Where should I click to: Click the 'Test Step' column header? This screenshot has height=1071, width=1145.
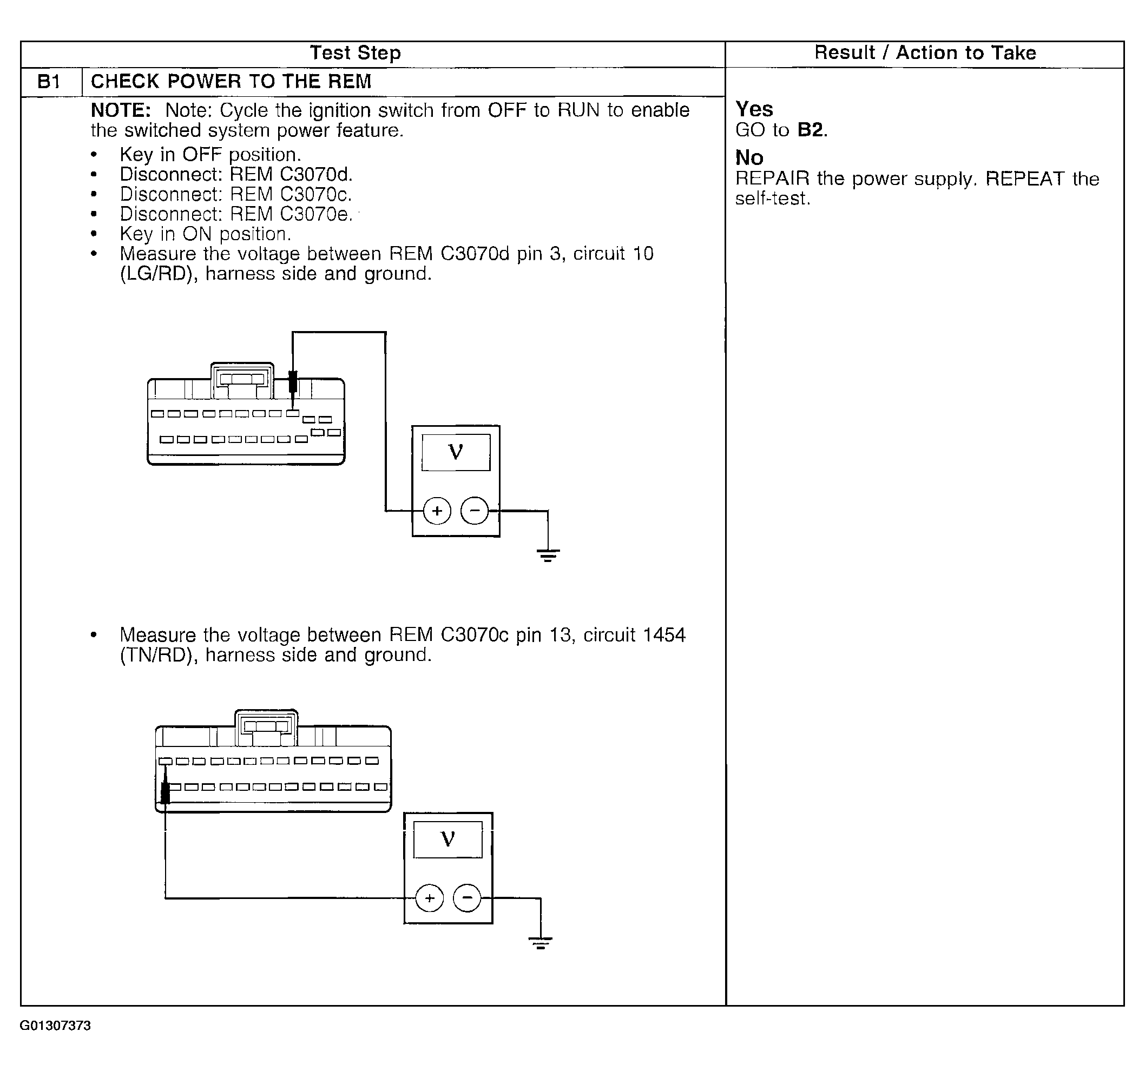click(355, 53)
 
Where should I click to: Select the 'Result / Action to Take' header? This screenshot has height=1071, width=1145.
click(924, 53)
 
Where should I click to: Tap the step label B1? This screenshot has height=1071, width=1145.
click(49, 82)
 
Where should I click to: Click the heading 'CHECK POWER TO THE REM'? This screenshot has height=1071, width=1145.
click(231, 82)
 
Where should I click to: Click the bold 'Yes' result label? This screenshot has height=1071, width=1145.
click(754, 109)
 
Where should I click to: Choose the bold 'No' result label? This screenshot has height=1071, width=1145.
click(749, 158)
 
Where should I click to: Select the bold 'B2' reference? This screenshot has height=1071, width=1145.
click(811, 130)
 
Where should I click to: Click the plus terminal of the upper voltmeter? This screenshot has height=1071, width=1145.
click(437, 511)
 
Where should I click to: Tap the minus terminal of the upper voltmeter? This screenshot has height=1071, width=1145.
click(475, 511)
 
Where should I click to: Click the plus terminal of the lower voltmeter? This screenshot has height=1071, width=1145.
click(430, 898)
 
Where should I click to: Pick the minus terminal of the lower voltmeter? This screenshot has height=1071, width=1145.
click(467, 898)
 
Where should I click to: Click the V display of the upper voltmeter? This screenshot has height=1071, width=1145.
click(456, 453)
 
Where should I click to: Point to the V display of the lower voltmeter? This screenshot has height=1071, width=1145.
click(448, 839)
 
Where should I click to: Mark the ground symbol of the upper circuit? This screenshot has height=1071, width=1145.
click(548, 555)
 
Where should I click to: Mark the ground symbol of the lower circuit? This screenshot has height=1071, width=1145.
click(540, 943)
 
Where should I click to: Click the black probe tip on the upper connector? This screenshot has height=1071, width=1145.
click(293, 382)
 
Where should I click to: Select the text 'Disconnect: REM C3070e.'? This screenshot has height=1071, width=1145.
click(236, 214)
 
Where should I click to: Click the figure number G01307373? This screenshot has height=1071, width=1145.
click(55, 1042)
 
